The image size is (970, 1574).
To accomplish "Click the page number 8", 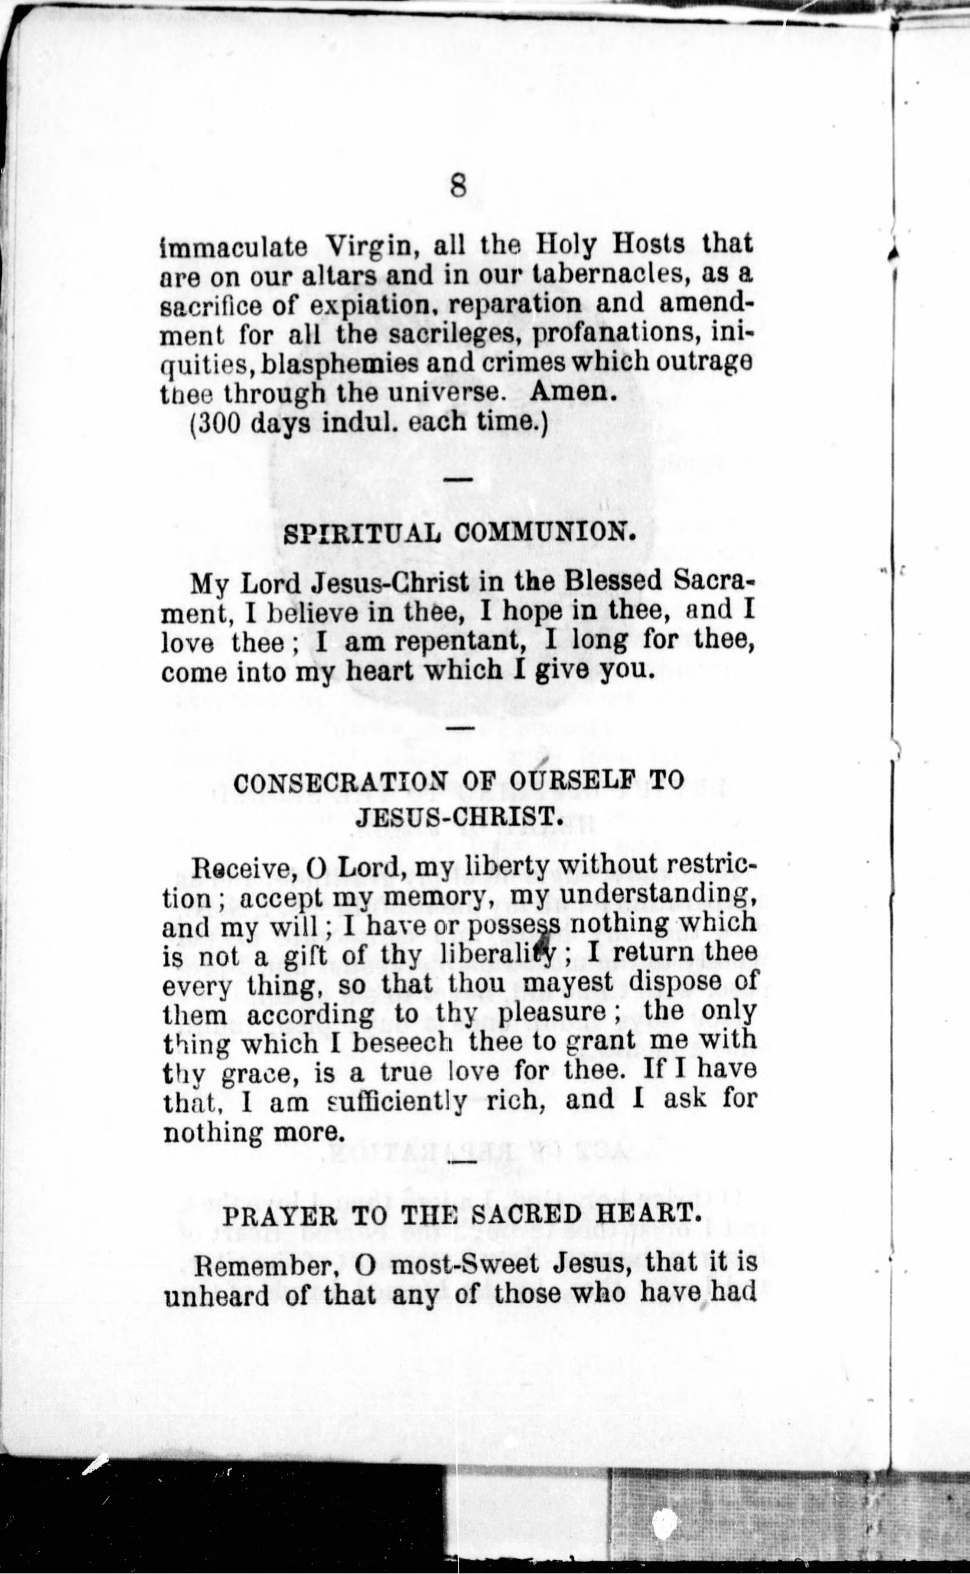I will click(x=457, y=187).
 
